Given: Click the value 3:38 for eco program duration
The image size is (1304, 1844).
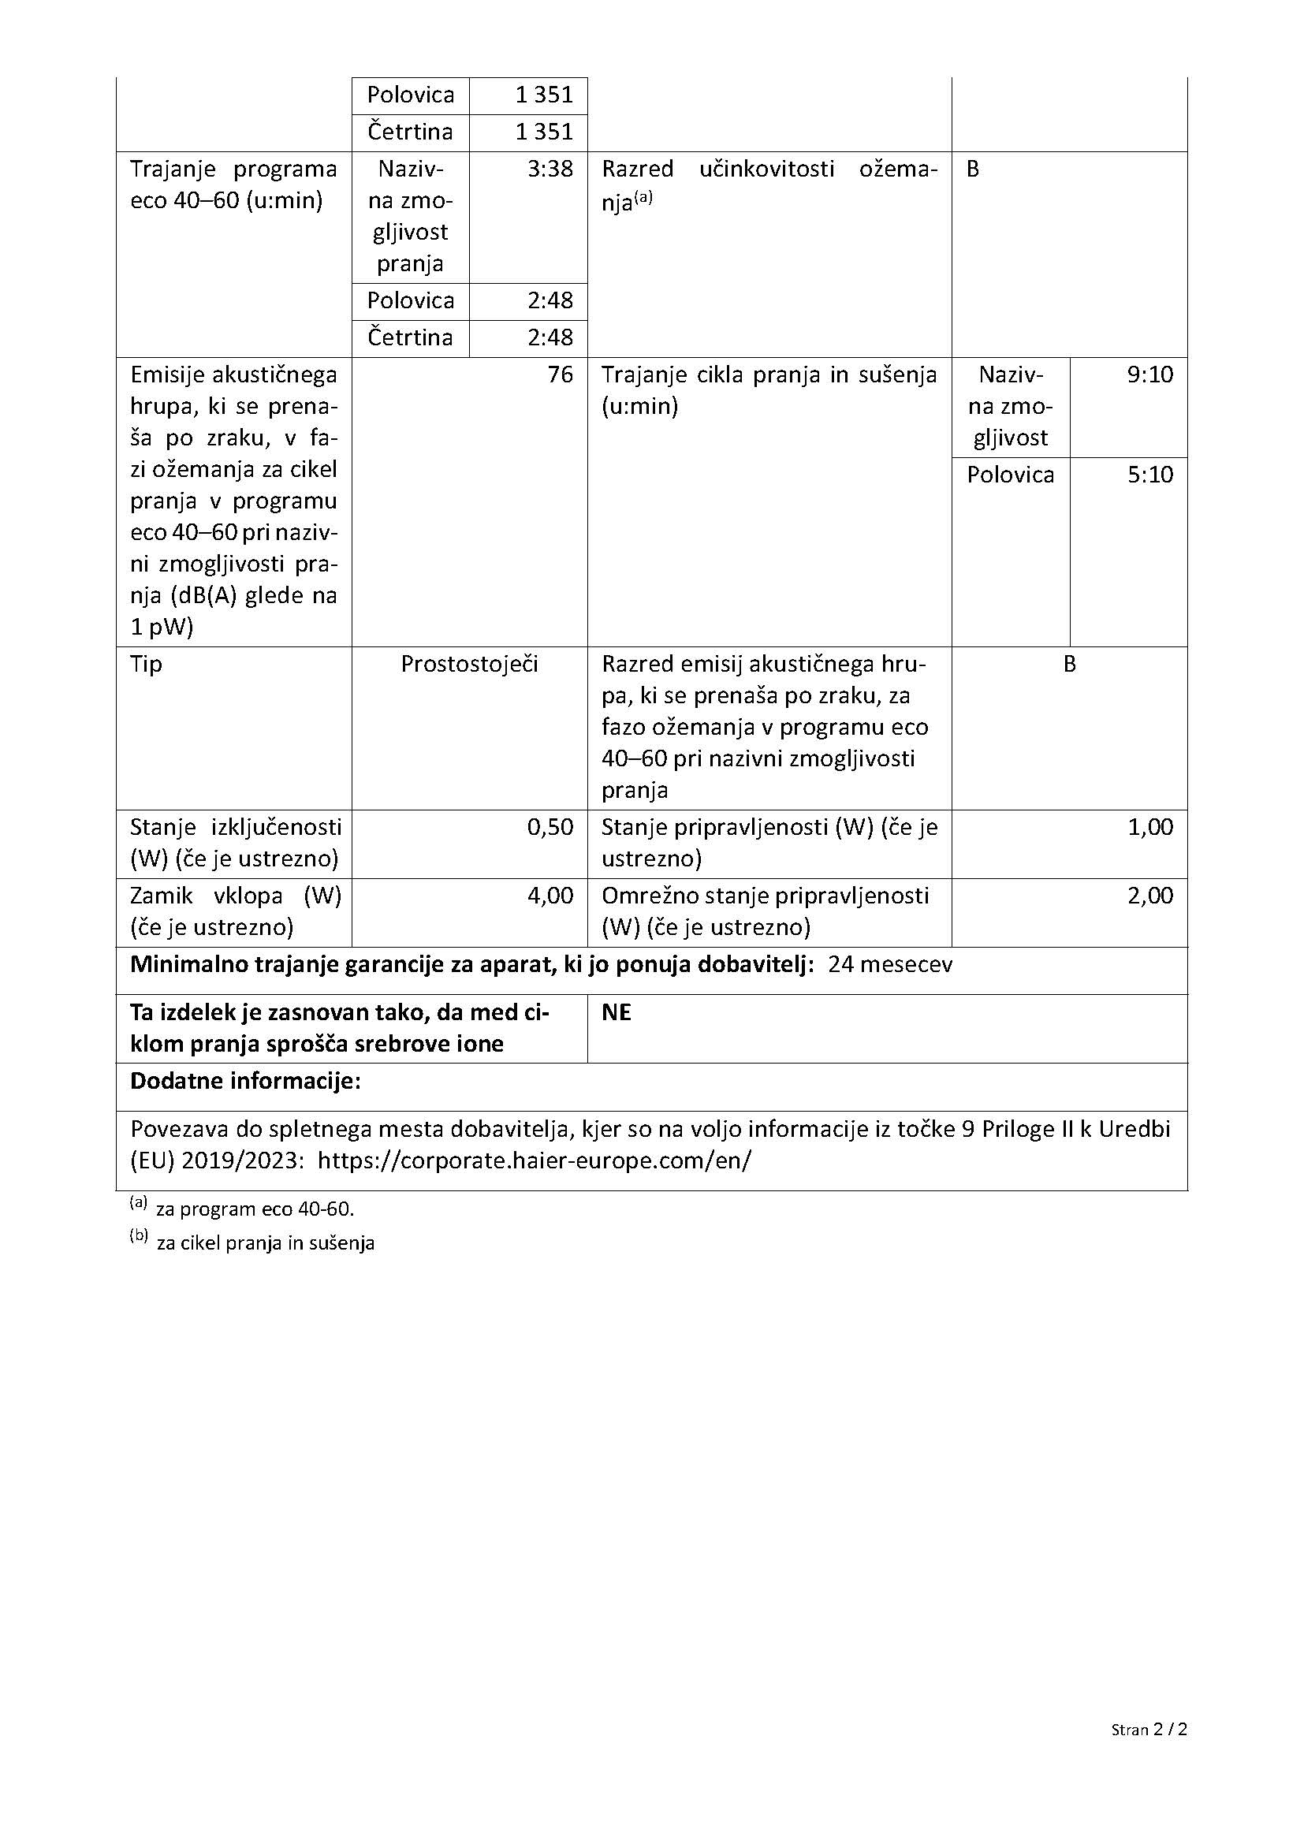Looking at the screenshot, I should [x=550, y=169].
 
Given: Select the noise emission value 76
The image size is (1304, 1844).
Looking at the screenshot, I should [x=560, y=375].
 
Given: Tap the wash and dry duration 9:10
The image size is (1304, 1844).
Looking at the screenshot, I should [x=1149, y=375].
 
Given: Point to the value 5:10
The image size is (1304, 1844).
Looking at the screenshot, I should [x=1149, y=475].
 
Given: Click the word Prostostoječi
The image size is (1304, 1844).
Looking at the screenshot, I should [x=469, y=664].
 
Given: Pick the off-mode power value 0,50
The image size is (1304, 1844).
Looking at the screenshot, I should [x=550, y=827].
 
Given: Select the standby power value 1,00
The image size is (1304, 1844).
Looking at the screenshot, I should [x=1149, y=827].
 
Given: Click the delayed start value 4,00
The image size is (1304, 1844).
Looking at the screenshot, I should [x=550, y=896].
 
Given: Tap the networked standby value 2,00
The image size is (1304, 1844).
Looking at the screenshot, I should [x=1149, y=896].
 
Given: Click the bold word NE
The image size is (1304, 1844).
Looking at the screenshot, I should [x=616, y=1014].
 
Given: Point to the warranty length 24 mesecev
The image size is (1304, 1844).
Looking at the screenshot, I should [x=889, y=964].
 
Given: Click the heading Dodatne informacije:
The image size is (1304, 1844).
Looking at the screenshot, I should [x=246, y=1082].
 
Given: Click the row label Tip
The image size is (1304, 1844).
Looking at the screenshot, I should [x=146, y=664].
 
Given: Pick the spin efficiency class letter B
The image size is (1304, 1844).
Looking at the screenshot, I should [x=972, y=169].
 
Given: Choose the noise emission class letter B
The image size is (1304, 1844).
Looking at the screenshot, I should [x=1069, y=664].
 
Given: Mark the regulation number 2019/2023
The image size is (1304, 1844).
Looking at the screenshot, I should [x=242, y=1161].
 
